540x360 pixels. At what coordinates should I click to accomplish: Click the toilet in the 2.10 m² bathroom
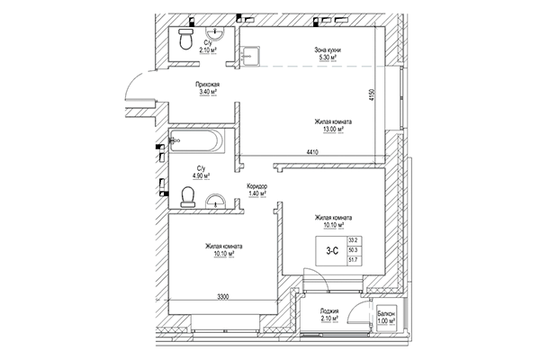185,39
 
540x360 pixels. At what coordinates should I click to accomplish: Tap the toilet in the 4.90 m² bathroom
188,195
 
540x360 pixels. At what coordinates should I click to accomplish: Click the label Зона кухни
327,49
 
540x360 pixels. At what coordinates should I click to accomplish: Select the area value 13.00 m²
333,130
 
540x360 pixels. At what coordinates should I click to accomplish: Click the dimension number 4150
370,93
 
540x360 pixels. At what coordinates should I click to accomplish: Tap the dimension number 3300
211,296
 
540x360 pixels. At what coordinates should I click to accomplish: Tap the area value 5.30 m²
327,58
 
